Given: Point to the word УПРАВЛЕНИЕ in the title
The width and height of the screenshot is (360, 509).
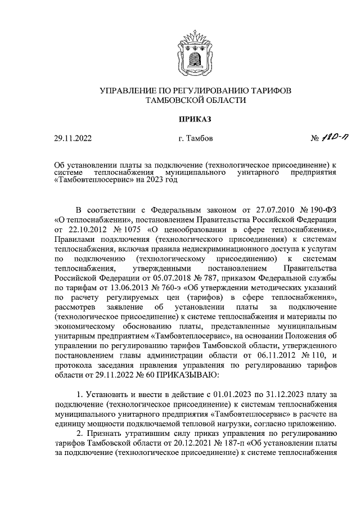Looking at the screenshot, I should (x=133, y=90).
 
